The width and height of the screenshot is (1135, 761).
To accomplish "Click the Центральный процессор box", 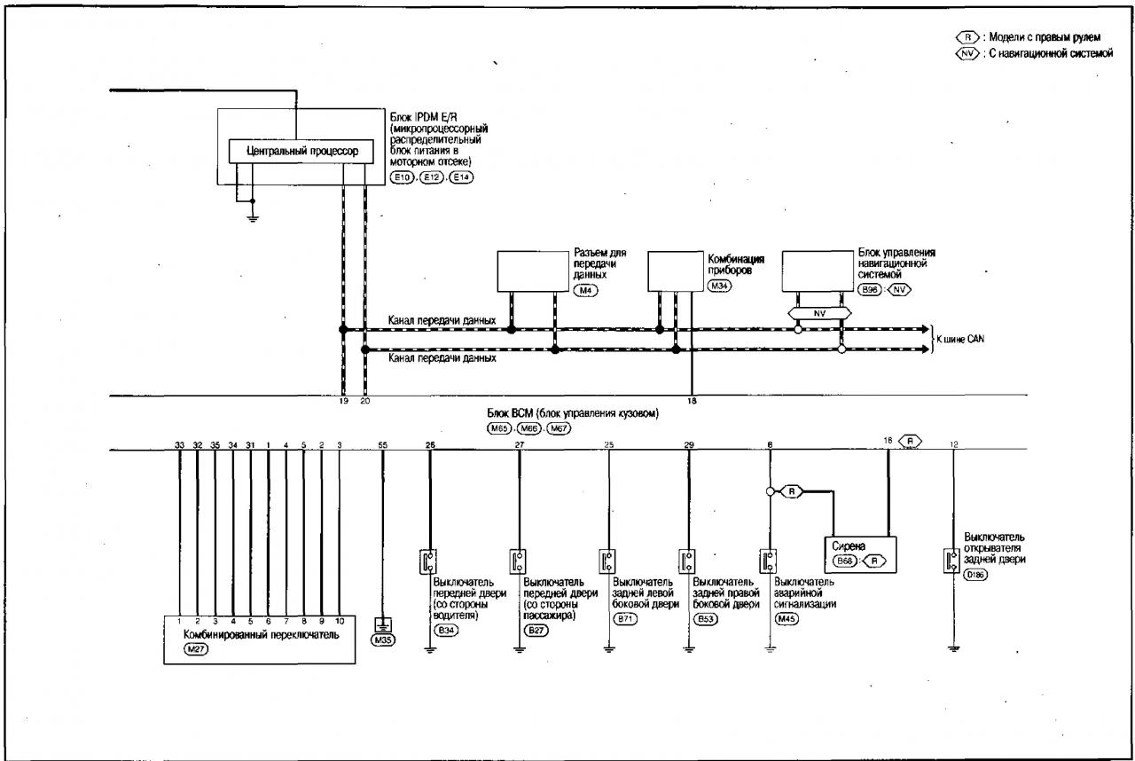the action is [301, 151].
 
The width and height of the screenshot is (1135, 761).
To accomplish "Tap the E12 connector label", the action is [431, 177].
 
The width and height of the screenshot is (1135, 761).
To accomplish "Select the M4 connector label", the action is [585, 291].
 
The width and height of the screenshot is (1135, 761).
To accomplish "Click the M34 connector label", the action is [719, 286].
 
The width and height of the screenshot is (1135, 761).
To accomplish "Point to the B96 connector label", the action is [870, 290].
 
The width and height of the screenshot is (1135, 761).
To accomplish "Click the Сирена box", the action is [860, 555].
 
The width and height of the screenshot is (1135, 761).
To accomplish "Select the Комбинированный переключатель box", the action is [260, 639].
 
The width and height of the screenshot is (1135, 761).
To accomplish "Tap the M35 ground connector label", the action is [383, 639].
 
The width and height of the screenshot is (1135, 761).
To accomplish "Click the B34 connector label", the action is [445, 631].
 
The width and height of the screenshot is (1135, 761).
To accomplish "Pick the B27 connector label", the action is [536, 631].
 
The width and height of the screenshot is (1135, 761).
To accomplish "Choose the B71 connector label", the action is [625, 619].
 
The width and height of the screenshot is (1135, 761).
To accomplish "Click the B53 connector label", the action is [705, 619].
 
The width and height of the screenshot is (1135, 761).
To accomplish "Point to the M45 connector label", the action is [786, 619].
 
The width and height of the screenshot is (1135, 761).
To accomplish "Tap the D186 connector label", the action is [975, 575].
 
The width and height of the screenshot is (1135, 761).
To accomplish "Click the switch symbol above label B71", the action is [607, 561].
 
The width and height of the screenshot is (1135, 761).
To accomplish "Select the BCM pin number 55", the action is [382, 445].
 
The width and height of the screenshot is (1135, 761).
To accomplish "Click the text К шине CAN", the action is [960, 339].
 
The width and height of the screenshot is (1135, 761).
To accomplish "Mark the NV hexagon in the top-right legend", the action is [967, 53].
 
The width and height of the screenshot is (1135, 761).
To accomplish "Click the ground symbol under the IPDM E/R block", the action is [253, 218].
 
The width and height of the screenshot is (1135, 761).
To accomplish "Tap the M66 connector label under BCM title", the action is [528, 428].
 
